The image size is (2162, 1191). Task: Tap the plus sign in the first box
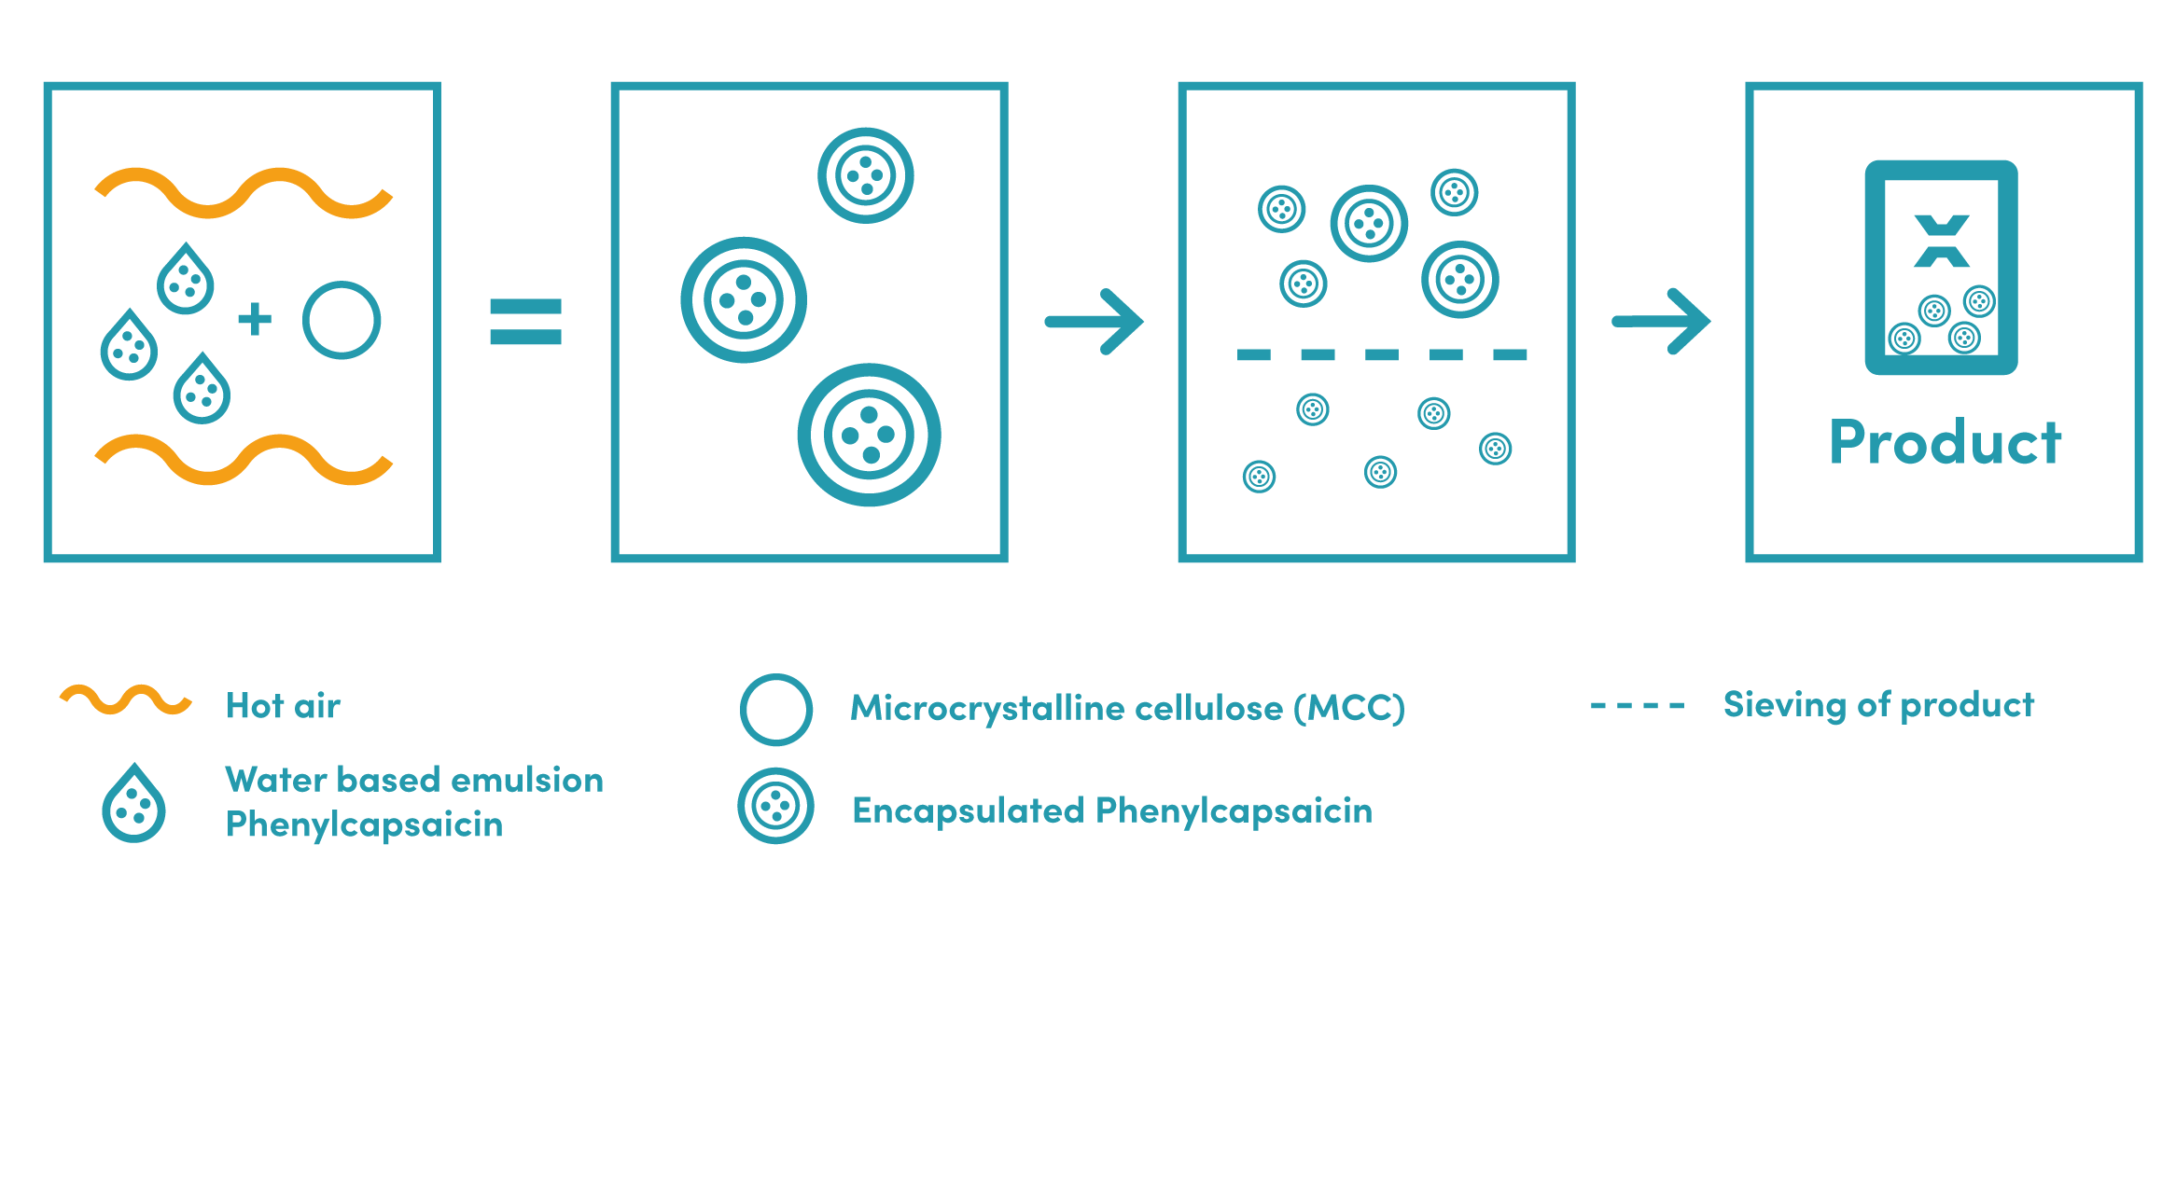tap(255, 319)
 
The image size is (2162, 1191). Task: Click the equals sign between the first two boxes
tap(526, 322)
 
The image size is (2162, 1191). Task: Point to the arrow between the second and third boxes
tap(1095, 322)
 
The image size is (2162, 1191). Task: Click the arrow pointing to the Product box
tap(1662, 322)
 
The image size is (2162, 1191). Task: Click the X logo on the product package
tap(1942, 242)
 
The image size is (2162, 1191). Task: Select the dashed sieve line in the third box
tap(1381, 354)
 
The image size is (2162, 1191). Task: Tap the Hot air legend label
tap(284, 706)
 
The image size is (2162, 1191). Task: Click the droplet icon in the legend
tap(133, 803)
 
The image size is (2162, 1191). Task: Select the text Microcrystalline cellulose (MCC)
tap(1128, 708)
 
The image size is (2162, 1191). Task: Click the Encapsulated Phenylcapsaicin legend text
tap(1112, 810)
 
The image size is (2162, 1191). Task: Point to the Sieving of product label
tap(1878, 705)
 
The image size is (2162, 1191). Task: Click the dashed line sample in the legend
tap(1638, 706)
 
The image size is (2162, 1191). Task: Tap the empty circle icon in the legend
tap(776, 675)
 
